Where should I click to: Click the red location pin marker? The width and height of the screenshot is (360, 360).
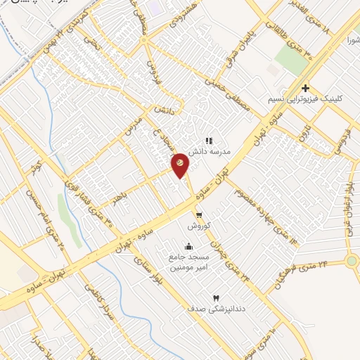coord(181,162)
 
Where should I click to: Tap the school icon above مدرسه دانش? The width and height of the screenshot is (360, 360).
coord(209,141)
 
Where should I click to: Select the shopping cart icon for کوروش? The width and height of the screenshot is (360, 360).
coord(200,215)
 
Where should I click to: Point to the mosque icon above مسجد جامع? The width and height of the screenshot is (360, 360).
coord(188,246)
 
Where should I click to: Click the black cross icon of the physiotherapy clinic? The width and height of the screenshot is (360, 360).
coord(305,89)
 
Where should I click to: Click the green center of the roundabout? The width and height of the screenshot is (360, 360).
coord(352,261)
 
